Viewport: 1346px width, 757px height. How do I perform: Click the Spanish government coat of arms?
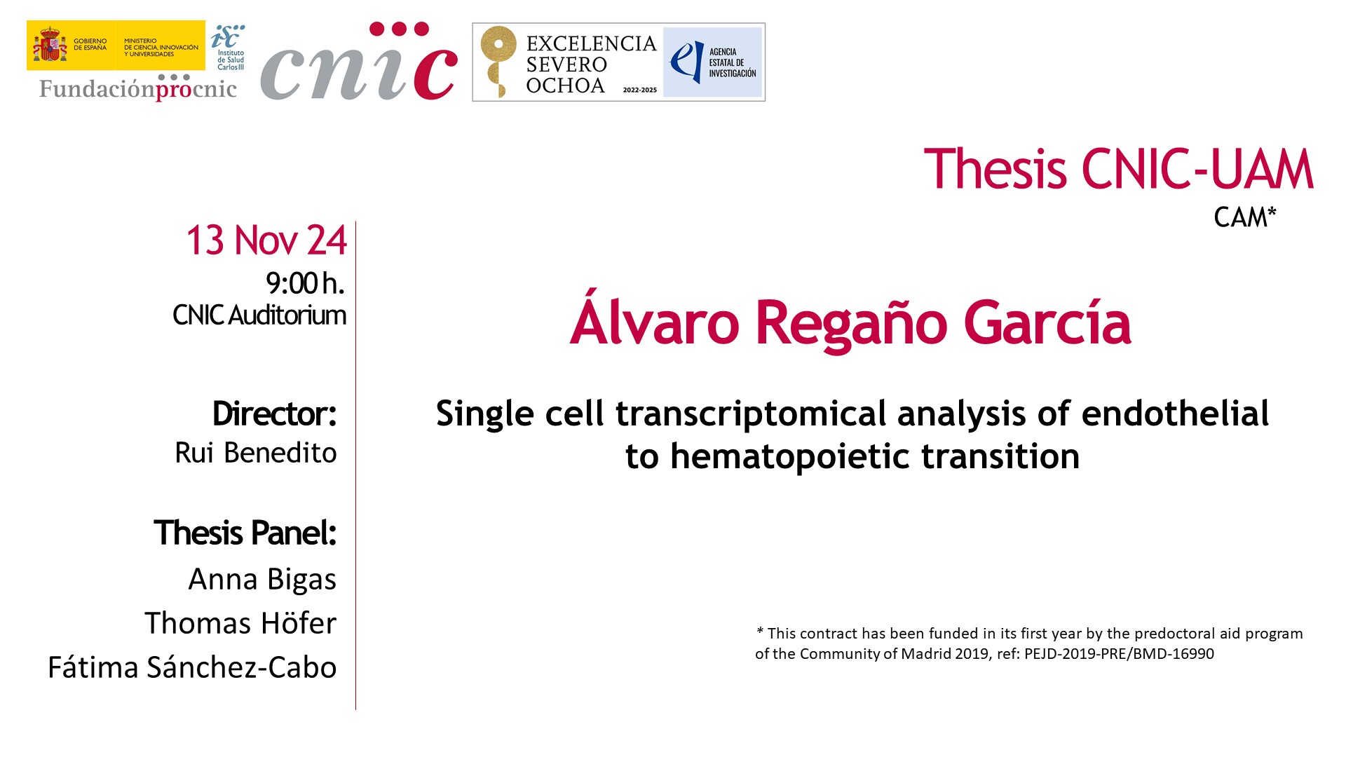50,45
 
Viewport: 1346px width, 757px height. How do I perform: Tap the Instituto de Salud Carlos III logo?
229,47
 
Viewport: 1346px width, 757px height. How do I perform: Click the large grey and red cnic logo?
359,62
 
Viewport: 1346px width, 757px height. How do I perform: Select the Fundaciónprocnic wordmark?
138,88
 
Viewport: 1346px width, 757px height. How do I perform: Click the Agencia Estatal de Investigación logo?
713,62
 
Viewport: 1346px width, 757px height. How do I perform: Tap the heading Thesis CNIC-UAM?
1118,169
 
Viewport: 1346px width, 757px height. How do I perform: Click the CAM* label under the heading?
1245,217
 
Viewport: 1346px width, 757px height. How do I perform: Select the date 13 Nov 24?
266,240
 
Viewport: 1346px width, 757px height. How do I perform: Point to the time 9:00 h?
306,283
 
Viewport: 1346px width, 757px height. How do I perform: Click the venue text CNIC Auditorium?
259,315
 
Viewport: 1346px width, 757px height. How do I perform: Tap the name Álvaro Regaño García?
850,322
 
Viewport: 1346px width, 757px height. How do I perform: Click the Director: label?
275,414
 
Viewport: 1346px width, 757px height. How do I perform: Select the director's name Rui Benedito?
256,453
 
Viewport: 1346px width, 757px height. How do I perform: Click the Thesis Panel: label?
245,533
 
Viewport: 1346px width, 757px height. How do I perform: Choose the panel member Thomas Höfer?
240,623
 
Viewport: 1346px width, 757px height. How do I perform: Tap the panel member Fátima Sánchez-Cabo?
192,667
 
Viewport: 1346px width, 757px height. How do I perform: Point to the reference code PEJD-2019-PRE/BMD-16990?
1119,654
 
